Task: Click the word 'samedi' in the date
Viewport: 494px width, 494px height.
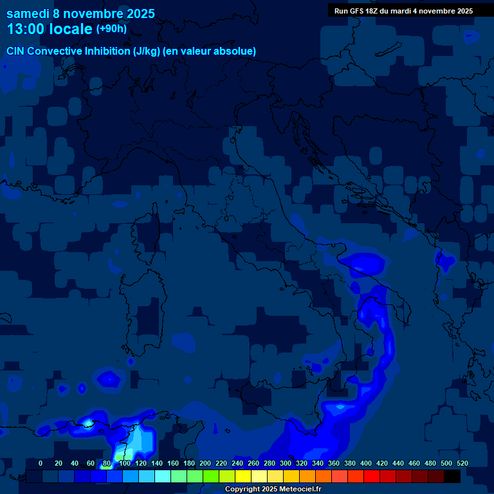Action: [x=28, y=13]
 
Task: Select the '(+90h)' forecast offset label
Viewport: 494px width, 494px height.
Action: [x=111, y=29]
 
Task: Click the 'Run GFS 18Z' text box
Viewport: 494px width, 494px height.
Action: [x=403, y=11]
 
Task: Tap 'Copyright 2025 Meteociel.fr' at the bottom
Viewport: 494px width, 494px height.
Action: [x=273, y=489]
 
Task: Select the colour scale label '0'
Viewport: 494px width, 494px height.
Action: [x=41, y=463]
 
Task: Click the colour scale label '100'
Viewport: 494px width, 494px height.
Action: [x=125, y=463]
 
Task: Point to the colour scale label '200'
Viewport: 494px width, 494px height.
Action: [x=205, y=463]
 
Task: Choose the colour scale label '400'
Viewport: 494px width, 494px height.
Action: [x=365, y=463]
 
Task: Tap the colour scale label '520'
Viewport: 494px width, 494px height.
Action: [x=462, y=463]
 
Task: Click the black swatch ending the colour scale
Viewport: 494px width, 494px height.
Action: [x=452, y=476]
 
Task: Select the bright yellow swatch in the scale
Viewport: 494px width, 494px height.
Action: [x=243, y=476]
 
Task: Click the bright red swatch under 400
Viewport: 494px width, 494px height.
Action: [x=372, y=476]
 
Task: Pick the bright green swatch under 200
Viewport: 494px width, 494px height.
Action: [x=211, y=476]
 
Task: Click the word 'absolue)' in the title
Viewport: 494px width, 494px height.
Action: [x=237, y=51]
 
